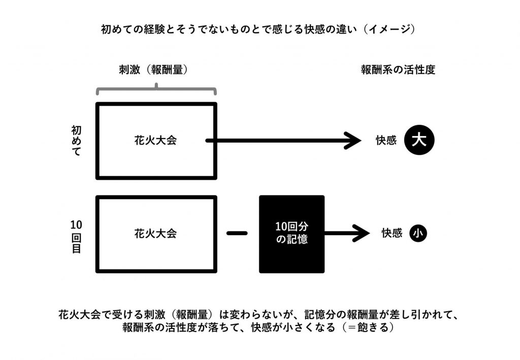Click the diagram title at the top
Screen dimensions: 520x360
point(257,29)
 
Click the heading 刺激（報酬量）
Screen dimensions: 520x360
point(153,70)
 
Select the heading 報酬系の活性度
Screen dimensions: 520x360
point(398,70)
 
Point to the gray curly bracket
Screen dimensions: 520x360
point(156,89)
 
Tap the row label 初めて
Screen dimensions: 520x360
point(76,141)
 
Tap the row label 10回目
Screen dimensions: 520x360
point(76,236)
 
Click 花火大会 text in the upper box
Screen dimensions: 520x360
point(155,141)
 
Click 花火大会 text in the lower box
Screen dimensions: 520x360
point(155,234)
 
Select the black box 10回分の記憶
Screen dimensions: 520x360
point(292,234)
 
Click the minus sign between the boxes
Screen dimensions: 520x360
point(237,234)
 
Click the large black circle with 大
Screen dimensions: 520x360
point(419,140)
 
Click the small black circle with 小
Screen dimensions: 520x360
point(418,234)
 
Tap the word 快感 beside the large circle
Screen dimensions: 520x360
point(386,140)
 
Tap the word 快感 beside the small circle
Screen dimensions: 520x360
point(392,234)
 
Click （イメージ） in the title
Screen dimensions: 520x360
point(388,29)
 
